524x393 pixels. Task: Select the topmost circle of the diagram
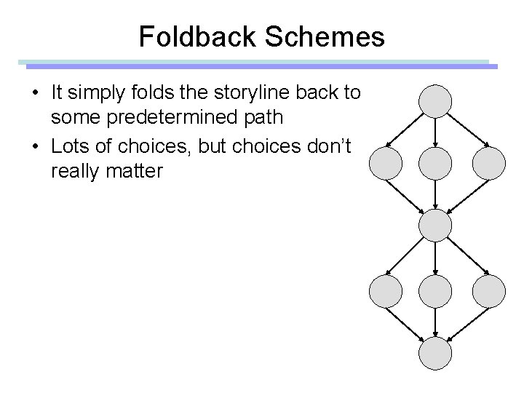(x=434, y=101)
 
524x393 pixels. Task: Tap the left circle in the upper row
(x=386, y=163)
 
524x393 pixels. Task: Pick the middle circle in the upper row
(x=434, y=163)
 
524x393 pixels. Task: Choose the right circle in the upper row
(x=488, y=163)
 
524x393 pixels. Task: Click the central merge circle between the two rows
(x=434, y=225)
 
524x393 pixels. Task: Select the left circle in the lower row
(x=386, y=291)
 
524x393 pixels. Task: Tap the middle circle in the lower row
(x=434, y=291)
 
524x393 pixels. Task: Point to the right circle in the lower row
(x=488, y=291)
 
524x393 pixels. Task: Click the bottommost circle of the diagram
(x=434, y=354)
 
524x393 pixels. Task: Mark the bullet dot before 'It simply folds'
(x=36, y=93)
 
